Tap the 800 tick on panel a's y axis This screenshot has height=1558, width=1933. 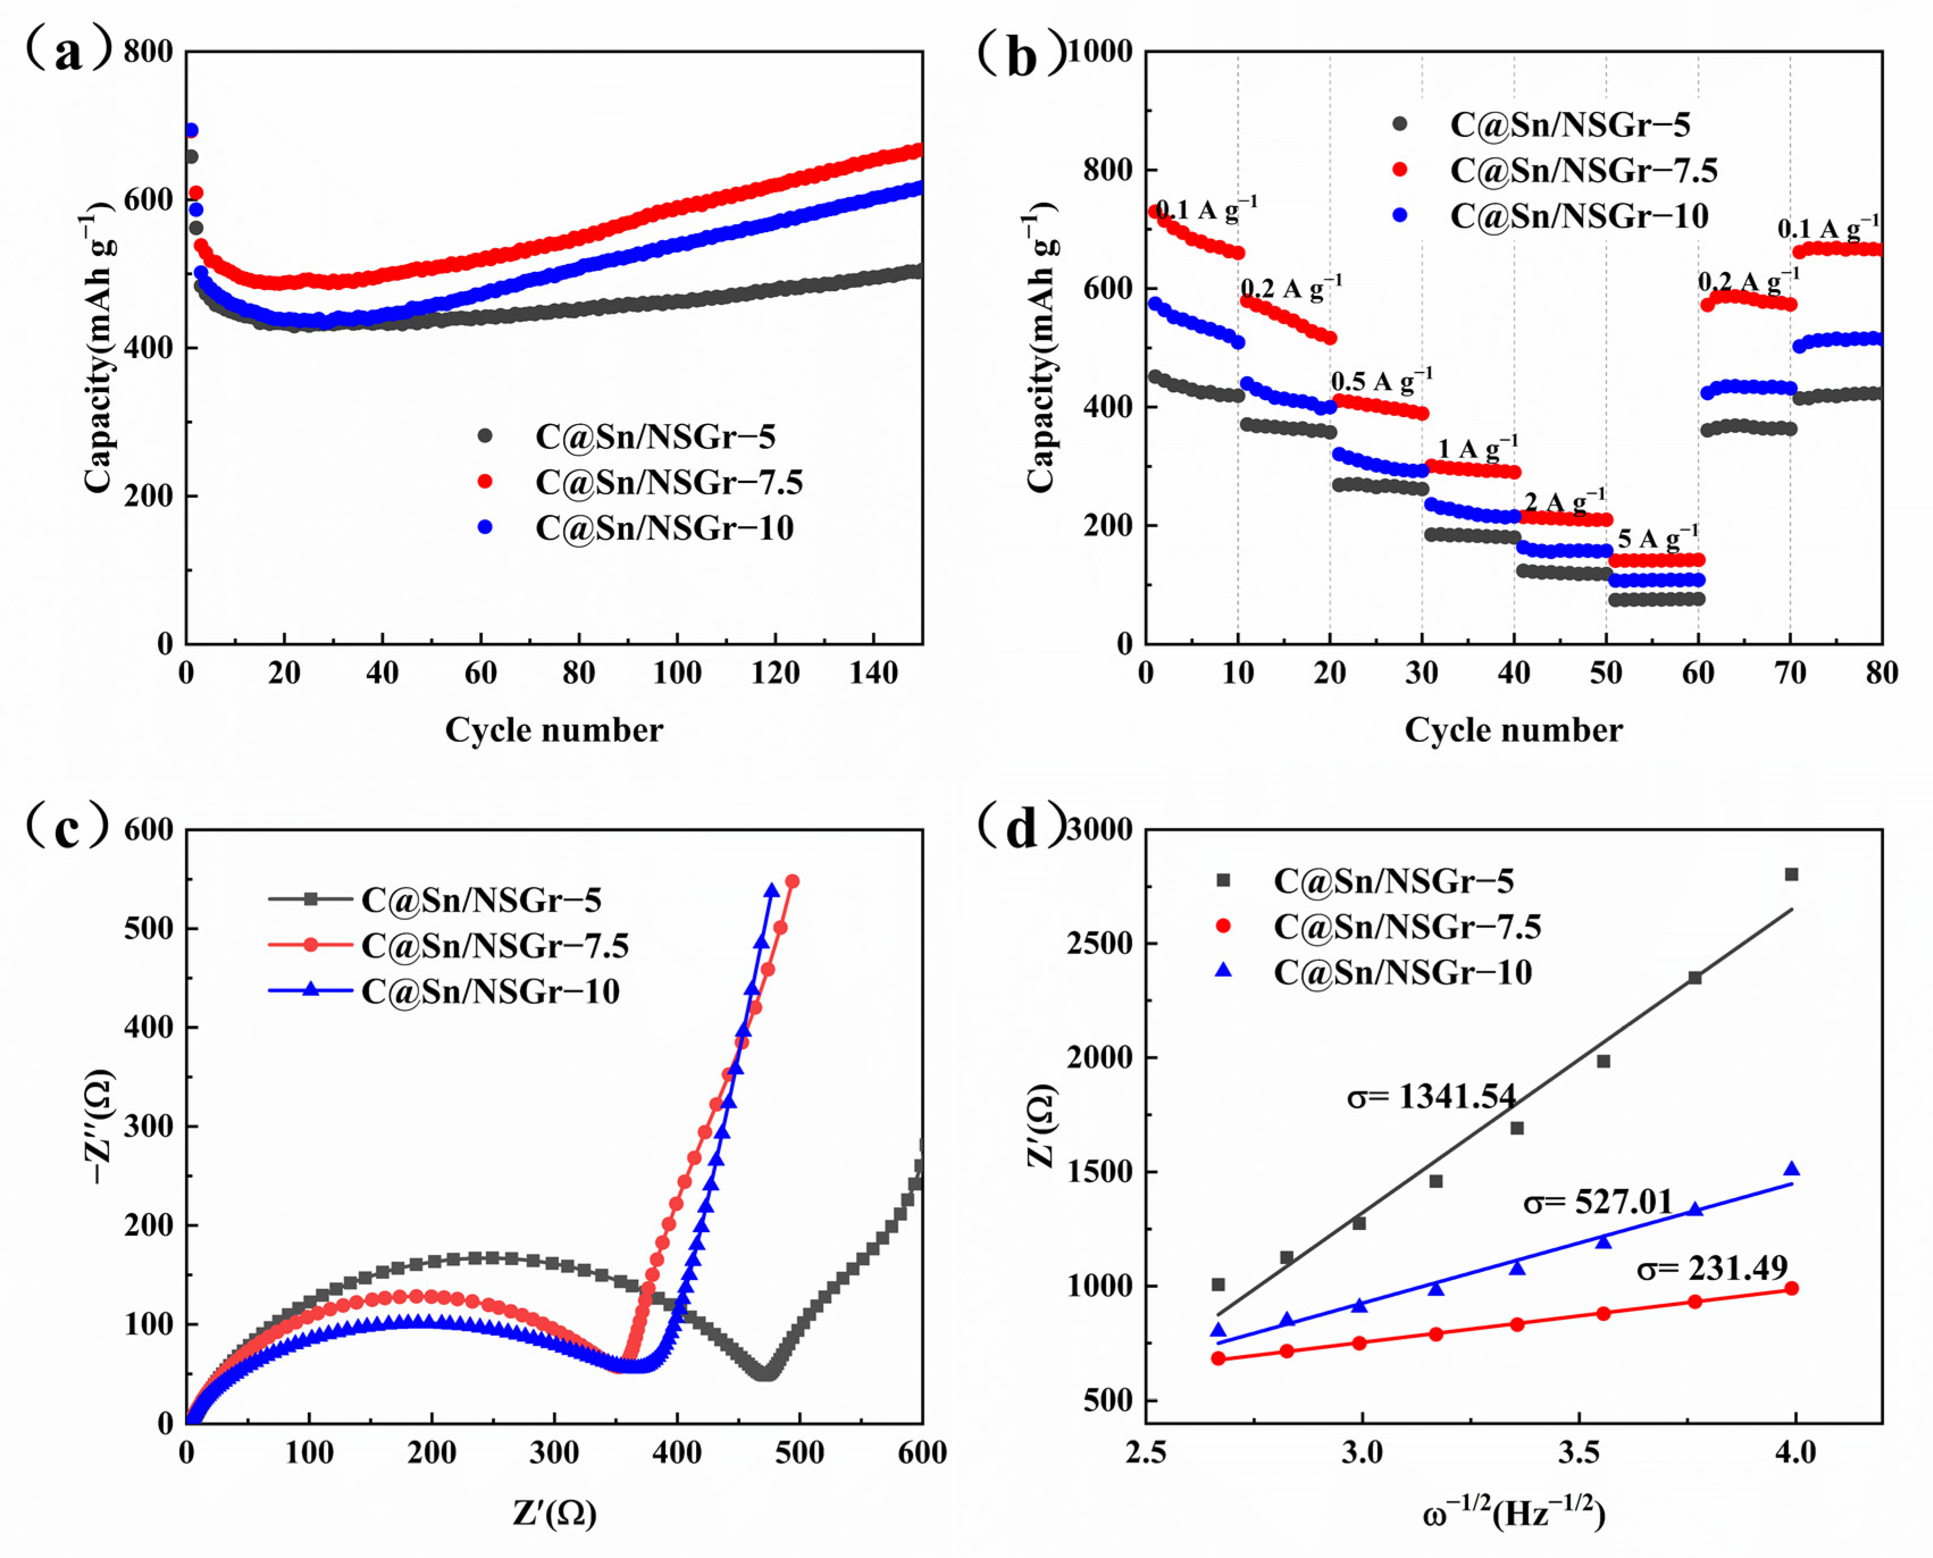point(148,52)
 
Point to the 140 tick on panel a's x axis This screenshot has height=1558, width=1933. point(873,673)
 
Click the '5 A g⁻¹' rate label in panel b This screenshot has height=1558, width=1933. point(1658,539)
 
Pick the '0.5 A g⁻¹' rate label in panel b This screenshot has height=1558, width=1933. point(1382,381)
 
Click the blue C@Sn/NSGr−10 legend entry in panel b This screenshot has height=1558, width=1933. point(1579,215)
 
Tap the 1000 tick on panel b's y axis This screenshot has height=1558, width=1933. point(1099,52)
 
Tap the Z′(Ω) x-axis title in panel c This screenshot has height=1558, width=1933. point(555,1513)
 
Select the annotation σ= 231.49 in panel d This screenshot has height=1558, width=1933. point(1712,1268)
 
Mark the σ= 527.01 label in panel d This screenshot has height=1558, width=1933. point(1597,1202)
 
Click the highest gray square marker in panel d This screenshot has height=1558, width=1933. point(1791,874)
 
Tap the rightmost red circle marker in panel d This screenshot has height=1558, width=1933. point(1791,1288)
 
